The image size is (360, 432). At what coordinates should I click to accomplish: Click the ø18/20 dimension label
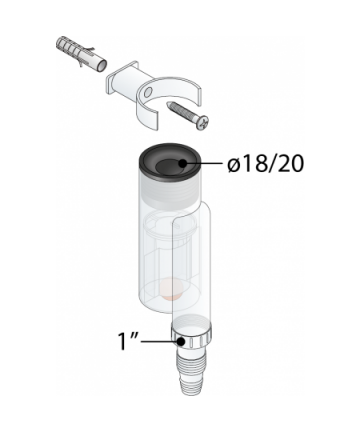266,164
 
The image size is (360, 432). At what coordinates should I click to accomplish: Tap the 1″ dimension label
129,340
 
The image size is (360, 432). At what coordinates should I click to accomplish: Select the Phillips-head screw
188,115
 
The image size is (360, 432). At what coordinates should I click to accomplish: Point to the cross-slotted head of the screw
204,123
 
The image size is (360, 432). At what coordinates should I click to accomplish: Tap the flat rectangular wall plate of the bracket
122,80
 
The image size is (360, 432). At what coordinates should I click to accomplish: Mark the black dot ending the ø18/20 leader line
182,163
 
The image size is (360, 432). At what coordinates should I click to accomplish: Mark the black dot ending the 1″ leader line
181,341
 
